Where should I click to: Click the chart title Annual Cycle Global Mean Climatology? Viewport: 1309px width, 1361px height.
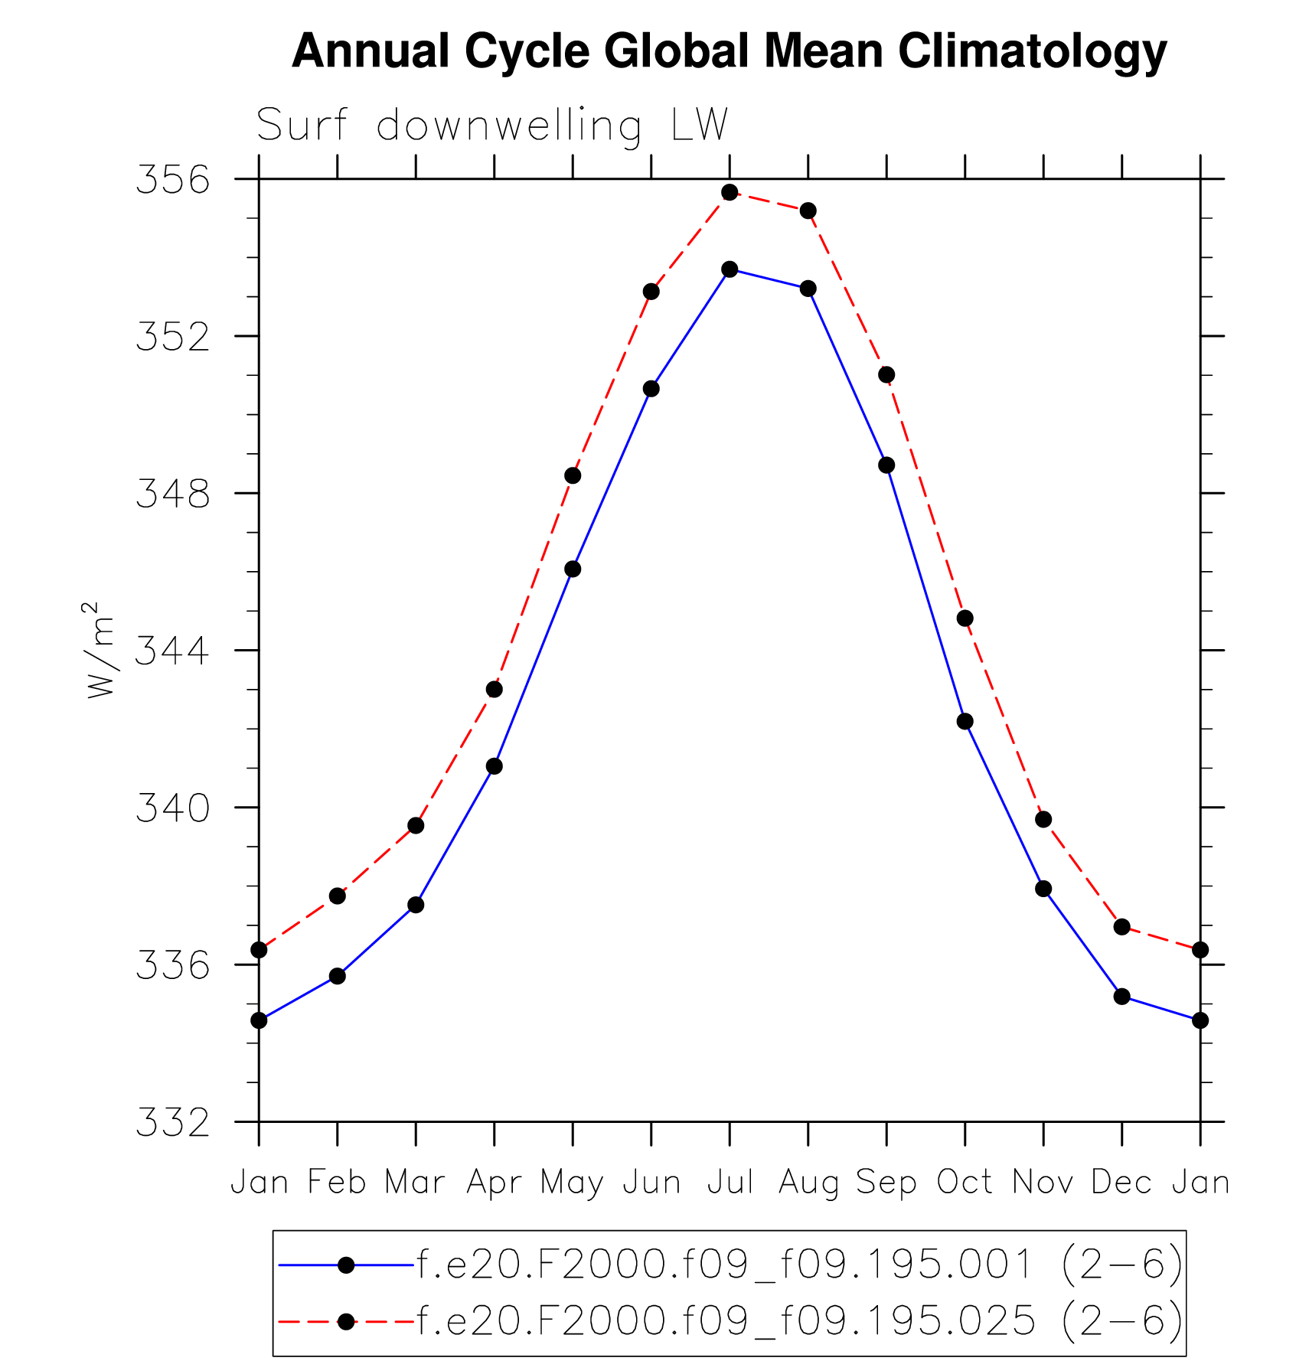click(x=729, y=51)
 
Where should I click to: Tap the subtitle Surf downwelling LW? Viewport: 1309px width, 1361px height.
click(x=491, y=125)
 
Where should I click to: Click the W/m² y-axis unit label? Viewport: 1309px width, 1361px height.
click(x=100, y=650)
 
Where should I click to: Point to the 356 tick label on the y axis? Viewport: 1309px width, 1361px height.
click(x=172, y=180)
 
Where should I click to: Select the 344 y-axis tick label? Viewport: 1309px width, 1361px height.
click(x=172, y=651)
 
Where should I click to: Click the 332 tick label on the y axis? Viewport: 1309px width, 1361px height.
click(x=172, y=1122)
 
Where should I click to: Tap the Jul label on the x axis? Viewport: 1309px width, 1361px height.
click(x=730, y=1183)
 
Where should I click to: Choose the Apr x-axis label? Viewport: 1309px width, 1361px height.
click(x=494, y=1183)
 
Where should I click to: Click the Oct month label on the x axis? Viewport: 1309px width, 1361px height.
click(x=965, y=1183)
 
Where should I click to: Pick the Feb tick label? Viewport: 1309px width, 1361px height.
click(x=337, y=1183)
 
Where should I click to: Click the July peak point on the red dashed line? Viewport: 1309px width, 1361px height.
click(x=730, y=192)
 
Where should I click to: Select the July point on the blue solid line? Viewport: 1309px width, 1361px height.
click(x=730, y=269)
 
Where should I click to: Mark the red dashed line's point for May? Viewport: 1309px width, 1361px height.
click(x=573, y=476)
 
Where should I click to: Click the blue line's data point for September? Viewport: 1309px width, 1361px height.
click(x=886, y=465)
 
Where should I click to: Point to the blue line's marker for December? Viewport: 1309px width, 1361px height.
click(x=1121, y=997)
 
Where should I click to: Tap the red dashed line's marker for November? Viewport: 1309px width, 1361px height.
click(x=1043, y=820)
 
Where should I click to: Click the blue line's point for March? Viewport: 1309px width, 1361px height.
click(x=416, y=905)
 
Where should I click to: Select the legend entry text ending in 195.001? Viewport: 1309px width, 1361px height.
click(x=799, y=1265)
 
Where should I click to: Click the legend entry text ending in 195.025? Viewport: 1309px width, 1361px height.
click(x=799, y=1322)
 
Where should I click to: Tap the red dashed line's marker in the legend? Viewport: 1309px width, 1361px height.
click(x=346, y=1322)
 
